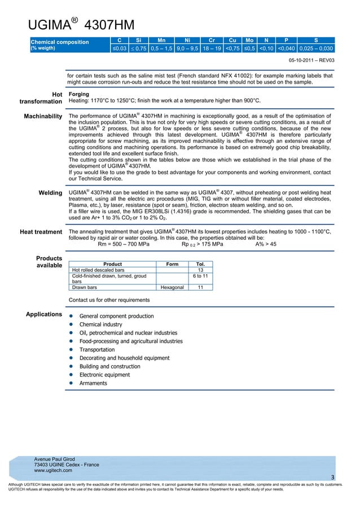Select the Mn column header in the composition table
[x=161, y=41]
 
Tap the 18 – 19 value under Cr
[x=212, y=49]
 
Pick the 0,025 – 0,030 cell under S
[x=316, y=49]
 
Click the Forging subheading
[x=78, y=94]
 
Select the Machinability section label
[x=43, y=116]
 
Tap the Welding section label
[x=50, y=193]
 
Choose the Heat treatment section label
[x=41, y=232]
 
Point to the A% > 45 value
[x=266, y=245]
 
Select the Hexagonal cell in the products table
[x=172, y=287]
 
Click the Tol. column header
[x=200, y=264]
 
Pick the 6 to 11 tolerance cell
[x=200, y=276]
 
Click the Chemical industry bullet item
[x=100, y=325]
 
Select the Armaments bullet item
[x=93, y=383]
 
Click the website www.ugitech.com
[x=53, y=470]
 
